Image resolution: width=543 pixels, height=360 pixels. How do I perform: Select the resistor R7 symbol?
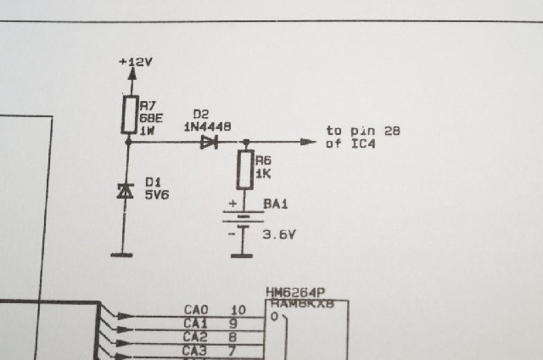pos(129,115)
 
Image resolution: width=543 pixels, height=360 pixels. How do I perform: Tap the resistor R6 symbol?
pos(245,170)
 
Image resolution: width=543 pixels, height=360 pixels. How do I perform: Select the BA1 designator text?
pos(275,205)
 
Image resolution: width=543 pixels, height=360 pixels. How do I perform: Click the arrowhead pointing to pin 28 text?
pos(308,142)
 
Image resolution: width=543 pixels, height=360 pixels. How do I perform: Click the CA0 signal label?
pos(195,311)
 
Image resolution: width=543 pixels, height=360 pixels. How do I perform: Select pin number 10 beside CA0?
pos(238,311)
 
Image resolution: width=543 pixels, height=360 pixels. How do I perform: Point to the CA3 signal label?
pos(195,350)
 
